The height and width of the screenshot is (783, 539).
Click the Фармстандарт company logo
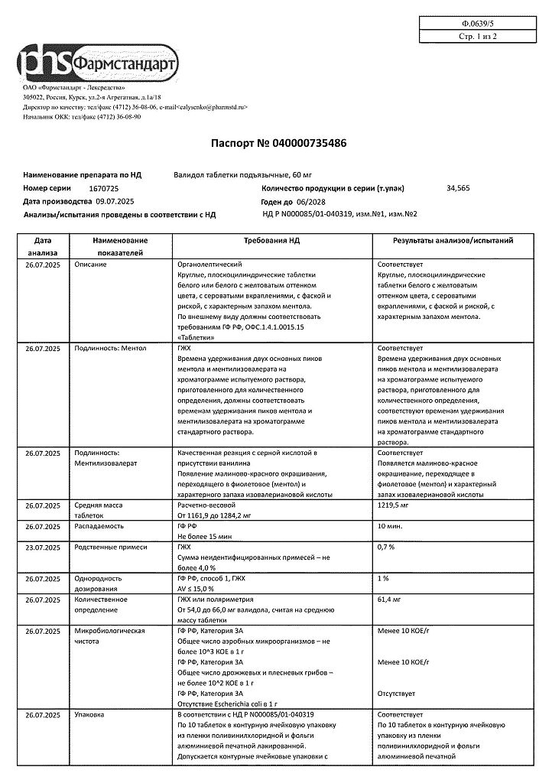(x=99, y=62)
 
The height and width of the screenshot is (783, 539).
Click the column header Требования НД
(x=271, y=240)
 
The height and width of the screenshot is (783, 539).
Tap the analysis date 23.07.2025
(x=41, y=547)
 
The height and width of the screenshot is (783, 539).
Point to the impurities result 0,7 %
(x=386, y=547)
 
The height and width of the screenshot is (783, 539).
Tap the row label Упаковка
(x=90, y=714)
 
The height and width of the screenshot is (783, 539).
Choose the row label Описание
(x=90, y=264)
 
